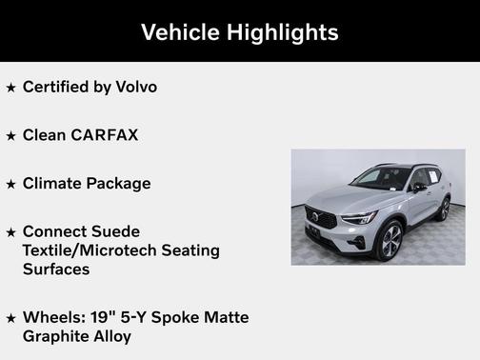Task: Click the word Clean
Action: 44,135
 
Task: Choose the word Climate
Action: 51,184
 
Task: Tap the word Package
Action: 117,184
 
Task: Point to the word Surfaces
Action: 56,269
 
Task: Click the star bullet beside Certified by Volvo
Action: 10,88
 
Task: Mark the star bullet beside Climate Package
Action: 10,185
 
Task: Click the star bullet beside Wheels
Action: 10,318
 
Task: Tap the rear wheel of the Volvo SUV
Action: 443,209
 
